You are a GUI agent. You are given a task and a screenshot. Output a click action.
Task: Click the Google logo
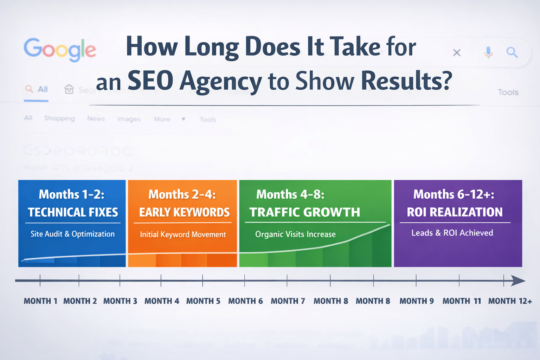point(60,50)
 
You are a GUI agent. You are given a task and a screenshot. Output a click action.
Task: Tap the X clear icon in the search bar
point(457,53)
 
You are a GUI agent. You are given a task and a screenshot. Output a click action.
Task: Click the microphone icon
point(488,52)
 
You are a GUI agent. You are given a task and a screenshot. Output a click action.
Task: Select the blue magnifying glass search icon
point(512,52)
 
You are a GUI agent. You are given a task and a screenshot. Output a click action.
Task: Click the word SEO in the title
point(150,81)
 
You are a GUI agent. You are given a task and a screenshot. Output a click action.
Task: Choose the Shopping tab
point(59,118)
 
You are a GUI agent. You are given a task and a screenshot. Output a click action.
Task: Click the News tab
point(96,119)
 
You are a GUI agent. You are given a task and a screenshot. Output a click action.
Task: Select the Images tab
point(129,119)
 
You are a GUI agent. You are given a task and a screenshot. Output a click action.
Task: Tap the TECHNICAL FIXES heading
point(73,212)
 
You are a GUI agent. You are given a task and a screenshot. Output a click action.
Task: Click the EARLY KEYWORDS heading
point(184,212)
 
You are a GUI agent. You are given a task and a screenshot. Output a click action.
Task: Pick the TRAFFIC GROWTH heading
point(304,212)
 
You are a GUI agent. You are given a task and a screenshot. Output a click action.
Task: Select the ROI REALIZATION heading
point(455,212)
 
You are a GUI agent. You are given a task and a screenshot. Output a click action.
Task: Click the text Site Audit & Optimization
point(72,234)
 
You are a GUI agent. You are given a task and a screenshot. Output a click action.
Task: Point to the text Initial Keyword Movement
point(183,234)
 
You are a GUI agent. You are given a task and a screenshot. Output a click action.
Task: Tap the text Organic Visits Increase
point(295,234)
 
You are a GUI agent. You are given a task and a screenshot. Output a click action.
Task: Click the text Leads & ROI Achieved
point(452,233)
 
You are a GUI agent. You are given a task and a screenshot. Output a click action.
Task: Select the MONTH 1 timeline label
point(40,301)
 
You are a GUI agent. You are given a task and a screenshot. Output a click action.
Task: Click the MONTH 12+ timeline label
point(510,301)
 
